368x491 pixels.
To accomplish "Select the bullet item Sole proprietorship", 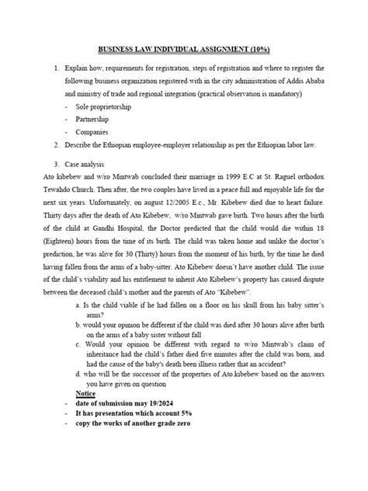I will point(103,105).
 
